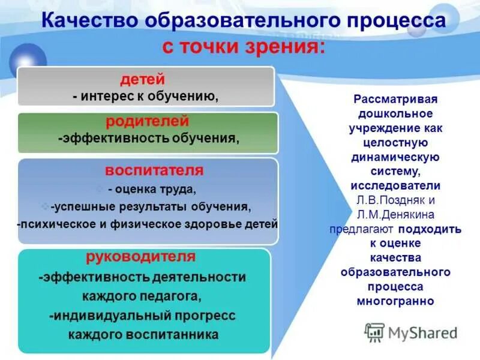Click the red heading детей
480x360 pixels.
click(x=142, y=79)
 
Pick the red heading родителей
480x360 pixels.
click(x=148, y=122)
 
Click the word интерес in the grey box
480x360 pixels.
click(x=110, y=95)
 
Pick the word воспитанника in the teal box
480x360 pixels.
click(x=179, y=334)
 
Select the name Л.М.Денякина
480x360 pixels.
click(x=396, y=214)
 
